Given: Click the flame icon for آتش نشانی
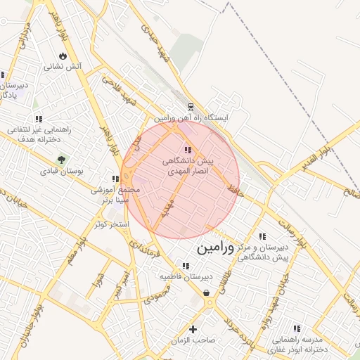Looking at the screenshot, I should [63, 56].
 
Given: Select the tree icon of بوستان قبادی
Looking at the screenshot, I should [61, 160].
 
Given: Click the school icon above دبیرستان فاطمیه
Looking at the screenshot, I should [186, 266].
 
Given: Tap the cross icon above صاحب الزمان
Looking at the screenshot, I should [193, 329].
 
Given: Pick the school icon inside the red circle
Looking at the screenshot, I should [188, 149].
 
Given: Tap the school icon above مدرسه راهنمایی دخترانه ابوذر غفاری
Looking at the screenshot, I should [297, 328].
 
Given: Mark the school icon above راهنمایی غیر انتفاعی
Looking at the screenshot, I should [38, 119].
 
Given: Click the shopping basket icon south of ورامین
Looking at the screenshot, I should [207, 293].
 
